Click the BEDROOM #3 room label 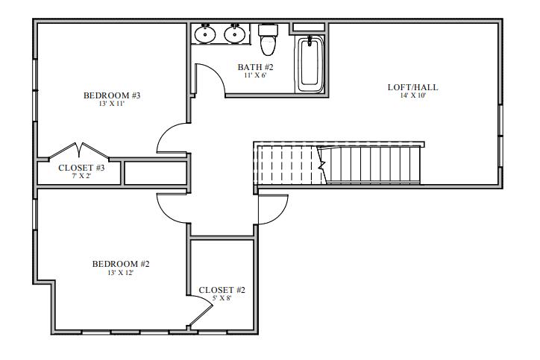pyautogui.click(x=112, y=95)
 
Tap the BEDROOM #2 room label pyautogui.click(x=121, y=264)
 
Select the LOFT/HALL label pyautogui.click(x=412, y=87)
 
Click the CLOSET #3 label pyautogui.click(x=81, y=168)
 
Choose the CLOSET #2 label pyautogui.click(x=222, y=290)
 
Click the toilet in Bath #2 pyautogui.click(x=268, y=42)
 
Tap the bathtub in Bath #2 pyautogui.click(x=310, y=64)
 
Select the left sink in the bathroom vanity pyautogui.click(x=205, y=34)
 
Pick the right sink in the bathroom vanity pyautogui.click(x=235, y=34)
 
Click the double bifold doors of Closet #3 pyautogui.click(x=79, y=151)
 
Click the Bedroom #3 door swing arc pyautogui.click(x=170, y=139)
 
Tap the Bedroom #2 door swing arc pyautogui.click(x=171, y=209)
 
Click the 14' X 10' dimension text pyautogui.click(x=412, y=96)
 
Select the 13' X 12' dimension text pyautogui.click(x=121, y=273)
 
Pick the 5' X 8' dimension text pyautogui.click(x=222, y=299)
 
